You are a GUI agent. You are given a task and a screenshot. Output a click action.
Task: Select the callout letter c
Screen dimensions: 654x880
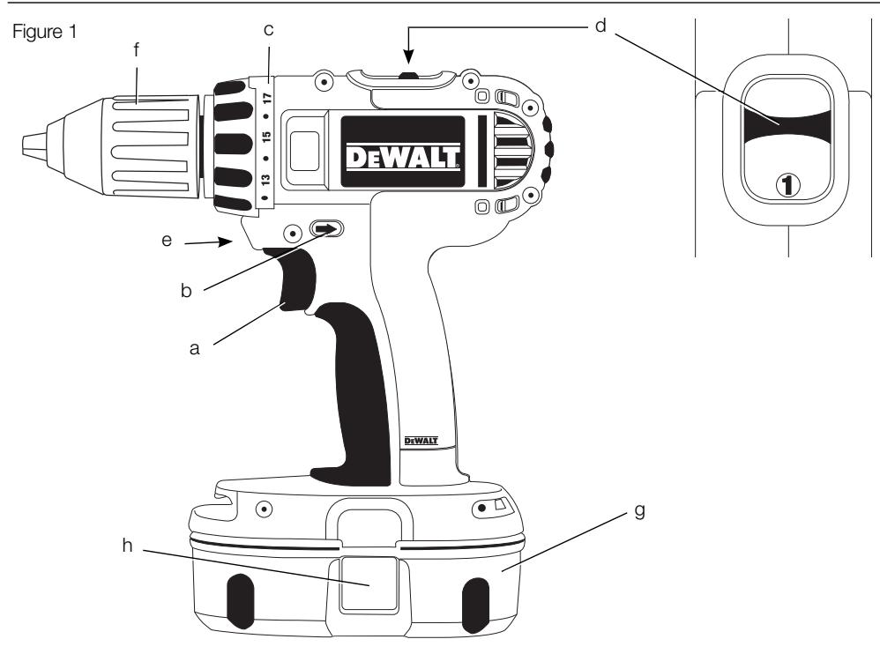coord(269,29)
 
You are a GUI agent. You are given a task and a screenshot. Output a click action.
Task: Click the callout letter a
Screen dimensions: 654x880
coord(197,349)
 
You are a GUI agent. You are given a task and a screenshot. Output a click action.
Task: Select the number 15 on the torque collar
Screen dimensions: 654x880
coord(265,137)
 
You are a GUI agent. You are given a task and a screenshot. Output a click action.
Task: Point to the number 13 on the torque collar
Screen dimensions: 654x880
coord(265,180)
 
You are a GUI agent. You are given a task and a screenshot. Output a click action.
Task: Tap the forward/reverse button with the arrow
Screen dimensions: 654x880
coord(326,231)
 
